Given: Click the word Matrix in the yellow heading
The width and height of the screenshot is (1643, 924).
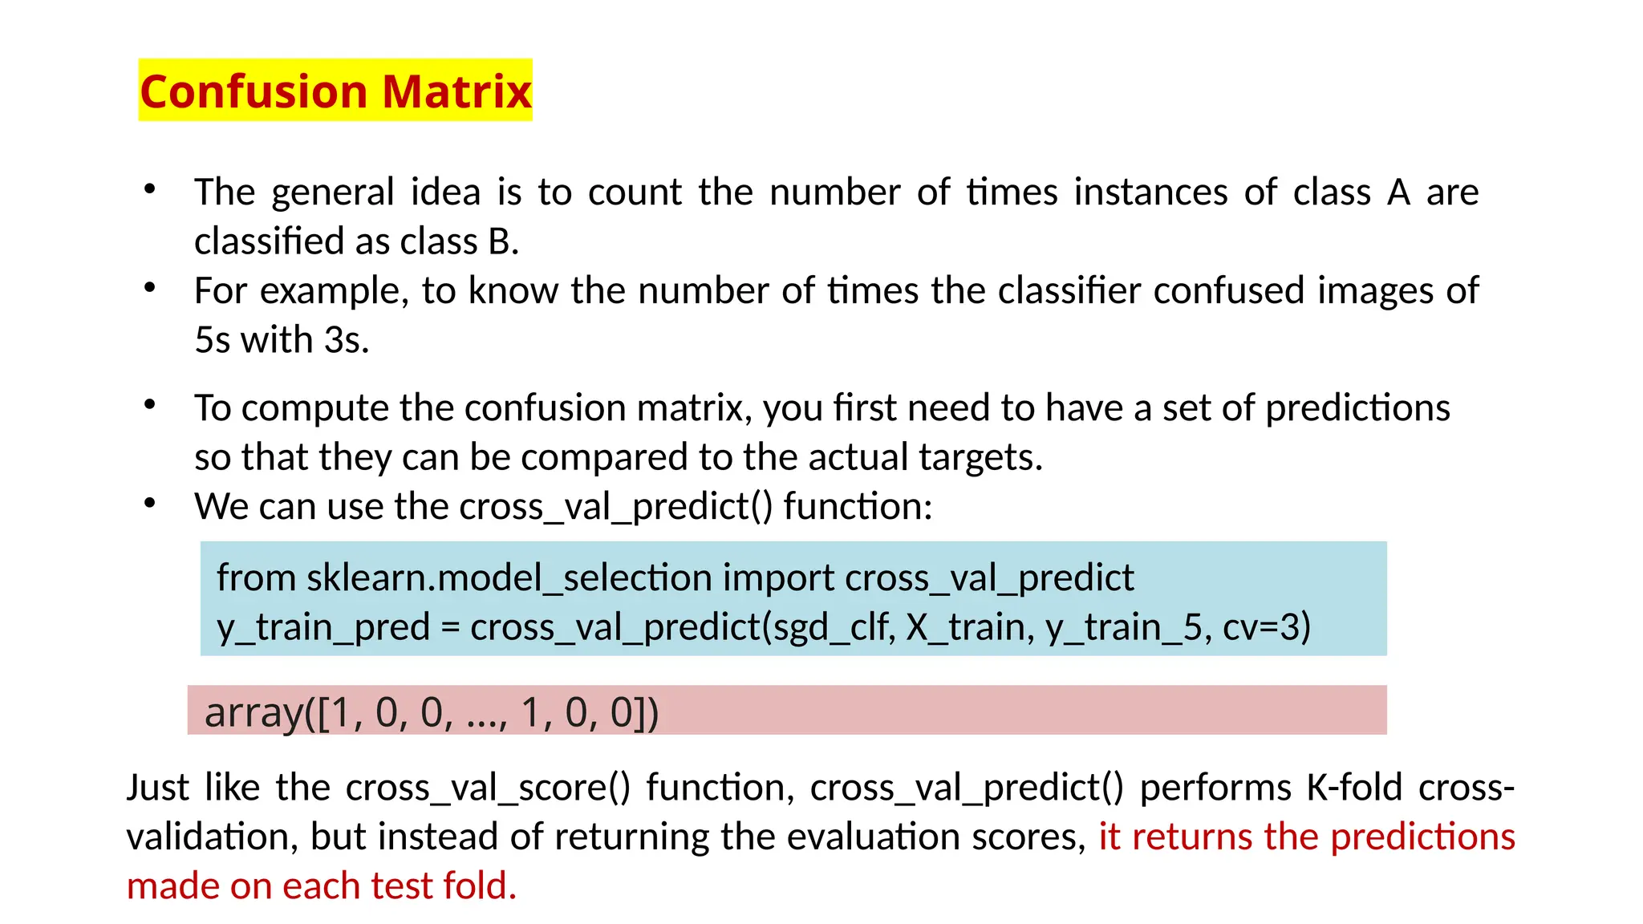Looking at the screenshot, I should [x=456, y=91].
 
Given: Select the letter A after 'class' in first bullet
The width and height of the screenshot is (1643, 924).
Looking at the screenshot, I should [x=1398, y=192].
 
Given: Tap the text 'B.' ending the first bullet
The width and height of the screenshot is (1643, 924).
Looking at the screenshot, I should [x=503, y=241].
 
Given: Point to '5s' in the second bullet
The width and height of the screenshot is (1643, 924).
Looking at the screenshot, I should [x=213, y=340].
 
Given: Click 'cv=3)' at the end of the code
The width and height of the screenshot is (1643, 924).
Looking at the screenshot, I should [x=1267, y=627].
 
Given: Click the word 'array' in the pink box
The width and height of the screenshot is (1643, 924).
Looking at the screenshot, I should [x=254, y=712].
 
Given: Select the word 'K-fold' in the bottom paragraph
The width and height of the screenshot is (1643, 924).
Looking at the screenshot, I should [x=1354, y=788].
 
